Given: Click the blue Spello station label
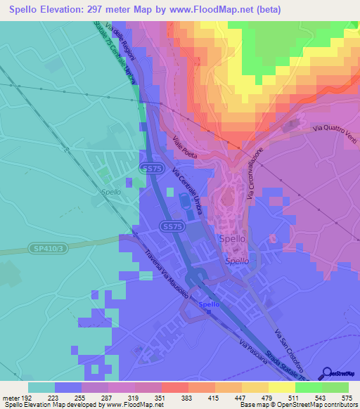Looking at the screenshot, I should click(210, 304).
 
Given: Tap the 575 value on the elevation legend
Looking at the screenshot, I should click(347, 397).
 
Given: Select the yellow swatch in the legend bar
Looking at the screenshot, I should click(281, 387).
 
